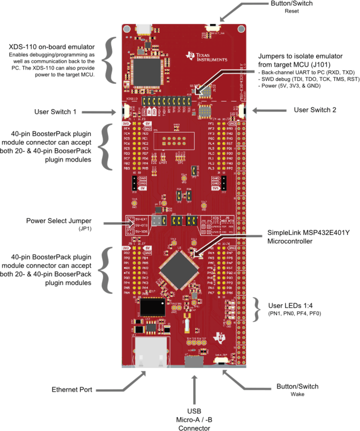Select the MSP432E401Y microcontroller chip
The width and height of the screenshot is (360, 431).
pyautogui.click(x=179, y=270)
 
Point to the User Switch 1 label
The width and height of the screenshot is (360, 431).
pyautogui.click(x=55, y=112)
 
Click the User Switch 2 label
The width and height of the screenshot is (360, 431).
pyautogui.click(x=315, y=110)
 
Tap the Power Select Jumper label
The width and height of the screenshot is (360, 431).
pyautogui.click(x=59, y=221)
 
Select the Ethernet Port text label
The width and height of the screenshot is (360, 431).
pyautogui.click(x=72, y=390)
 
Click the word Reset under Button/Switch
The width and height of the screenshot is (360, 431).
pyautogui.click(x=291, y=11)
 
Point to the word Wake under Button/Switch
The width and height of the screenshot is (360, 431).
pyautogui.click(x=297, y=394)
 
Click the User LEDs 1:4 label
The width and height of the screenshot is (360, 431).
pyautogui.click(x=290, y=306)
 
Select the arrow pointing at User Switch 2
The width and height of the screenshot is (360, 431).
pyautogui.click(x=269, y=111)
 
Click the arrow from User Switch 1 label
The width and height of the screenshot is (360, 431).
pyautogui.click(x=99, y=112)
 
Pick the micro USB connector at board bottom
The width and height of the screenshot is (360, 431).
pyautogui.click(x=194, y=361)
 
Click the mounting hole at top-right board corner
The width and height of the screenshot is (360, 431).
pyautogui.click(x=241, y=29)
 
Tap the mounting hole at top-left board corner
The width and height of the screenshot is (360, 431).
pyautogui.click(x=127, y=29)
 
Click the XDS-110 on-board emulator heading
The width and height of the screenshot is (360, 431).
pyautogui.click(x=52, y=47)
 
